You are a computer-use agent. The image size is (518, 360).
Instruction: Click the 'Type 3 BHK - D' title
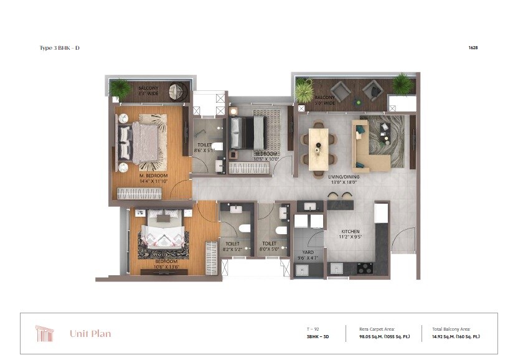60,47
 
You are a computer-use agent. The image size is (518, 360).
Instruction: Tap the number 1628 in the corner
472,47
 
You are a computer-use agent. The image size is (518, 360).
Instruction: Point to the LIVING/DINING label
344,176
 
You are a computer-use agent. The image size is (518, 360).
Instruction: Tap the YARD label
308,252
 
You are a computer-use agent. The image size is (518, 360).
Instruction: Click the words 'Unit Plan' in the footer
90,334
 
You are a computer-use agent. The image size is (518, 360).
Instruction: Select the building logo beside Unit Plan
45,334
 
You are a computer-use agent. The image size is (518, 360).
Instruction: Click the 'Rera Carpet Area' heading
377,328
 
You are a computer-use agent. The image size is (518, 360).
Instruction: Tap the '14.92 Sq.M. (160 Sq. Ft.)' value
456,336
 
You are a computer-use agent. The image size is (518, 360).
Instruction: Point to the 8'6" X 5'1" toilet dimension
204,150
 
